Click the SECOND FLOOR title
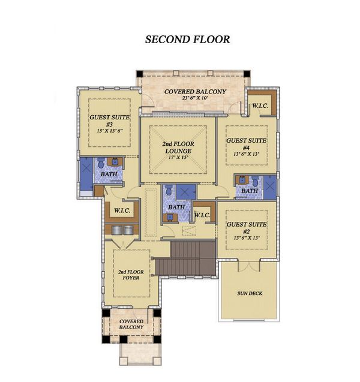coord(187,40)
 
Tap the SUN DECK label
coord(249,293)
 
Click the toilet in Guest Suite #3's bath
coord(101,163)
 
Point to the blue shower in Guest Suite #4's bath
coord(269,187)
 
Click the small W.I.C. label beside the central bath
coord(201,215)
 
